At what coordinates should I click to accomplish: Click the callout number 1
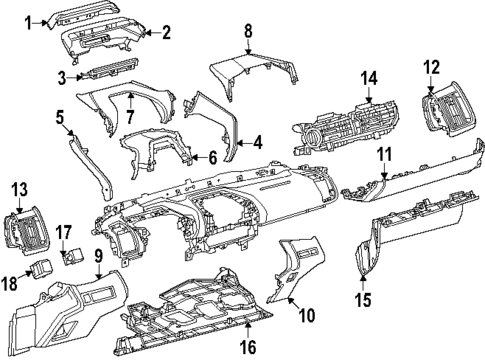[x=29, y=20]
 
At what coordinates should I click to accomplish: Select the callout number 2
[x=166, y=33]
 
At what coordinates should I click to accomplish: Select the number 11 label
[x=385, y=155]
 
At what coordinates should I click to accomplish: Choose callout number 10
[x=307, y=315]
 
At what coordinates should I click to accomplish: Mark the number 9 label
[x=99, y=256]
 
